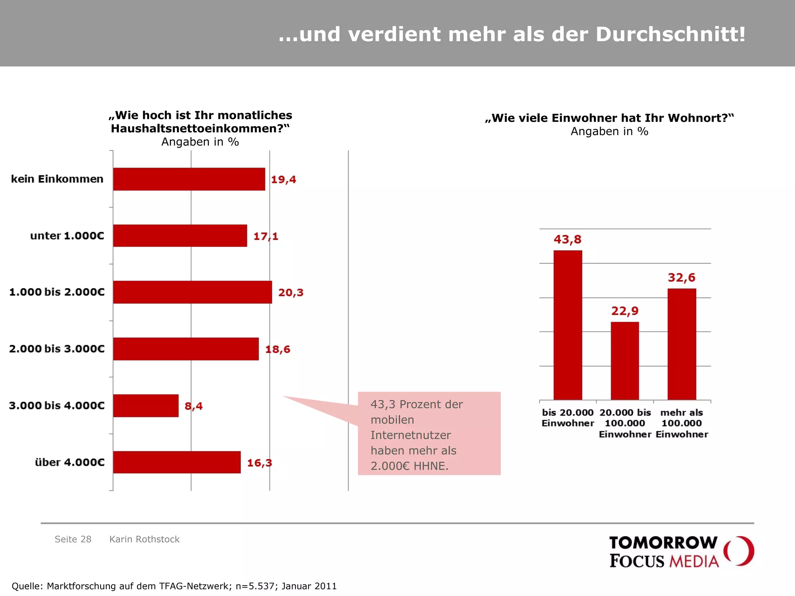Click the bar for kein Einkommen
pyautogui.click(x=189, y=179)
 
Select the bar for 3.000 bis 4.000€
pyautogui.click(x=146, y=405)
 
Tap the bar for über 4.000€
pyautogui.click(x=177, y=462)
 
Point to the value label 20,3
pyautogui.click(x=291, y=293)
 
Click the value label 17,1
pyautogui.click(x=266, y=236)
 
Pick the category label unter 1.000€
pyautogui.click(x=67, y=236)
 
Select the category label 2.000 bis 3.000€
pyautogui.click(x=57, y=349)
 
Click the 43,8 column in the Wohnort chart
pyautogui.click(x=568, y=325)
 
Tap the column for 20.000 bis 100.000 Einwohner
pyautogui.click(x=625, y=361)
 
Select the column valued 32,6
pyautogui.click(x=682, y=344)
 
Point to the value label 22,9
pyautogui.click(x=625, y=311)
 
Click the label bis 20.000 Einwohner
pyautogui.click(x=568, y=418)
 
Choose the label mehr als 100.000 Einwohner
pyautogui.click(x=682, y=423)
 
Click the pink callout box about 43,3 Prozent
pyautogui.click(x=429, y=433)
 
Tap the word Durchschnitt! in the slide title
pyautogui.click(x=670, y=34)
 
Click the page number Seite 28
pyautogui.click(x=73, y=539)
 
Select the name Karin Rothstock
pyautogui.click(x=144, y=539)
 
